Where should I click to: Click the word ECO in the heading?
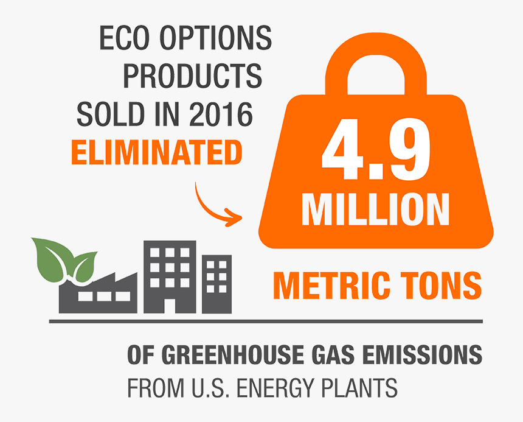tap(123, 38)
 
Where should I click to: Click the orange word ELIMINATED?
tap(157, 152)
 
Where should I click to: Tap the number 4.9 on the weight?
tap(376, 149)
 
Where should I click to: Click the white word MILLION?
tap(376, 210)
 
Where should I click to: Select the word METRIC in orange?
tap(331, 285)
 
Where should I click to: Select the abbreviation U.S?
tap(210, 388)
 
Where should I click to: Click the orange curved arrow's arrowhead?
tap(235, 217)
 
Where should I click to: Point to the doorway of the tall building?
tap(170, 306)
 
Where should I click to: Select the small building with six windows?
tap(216, 284)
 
